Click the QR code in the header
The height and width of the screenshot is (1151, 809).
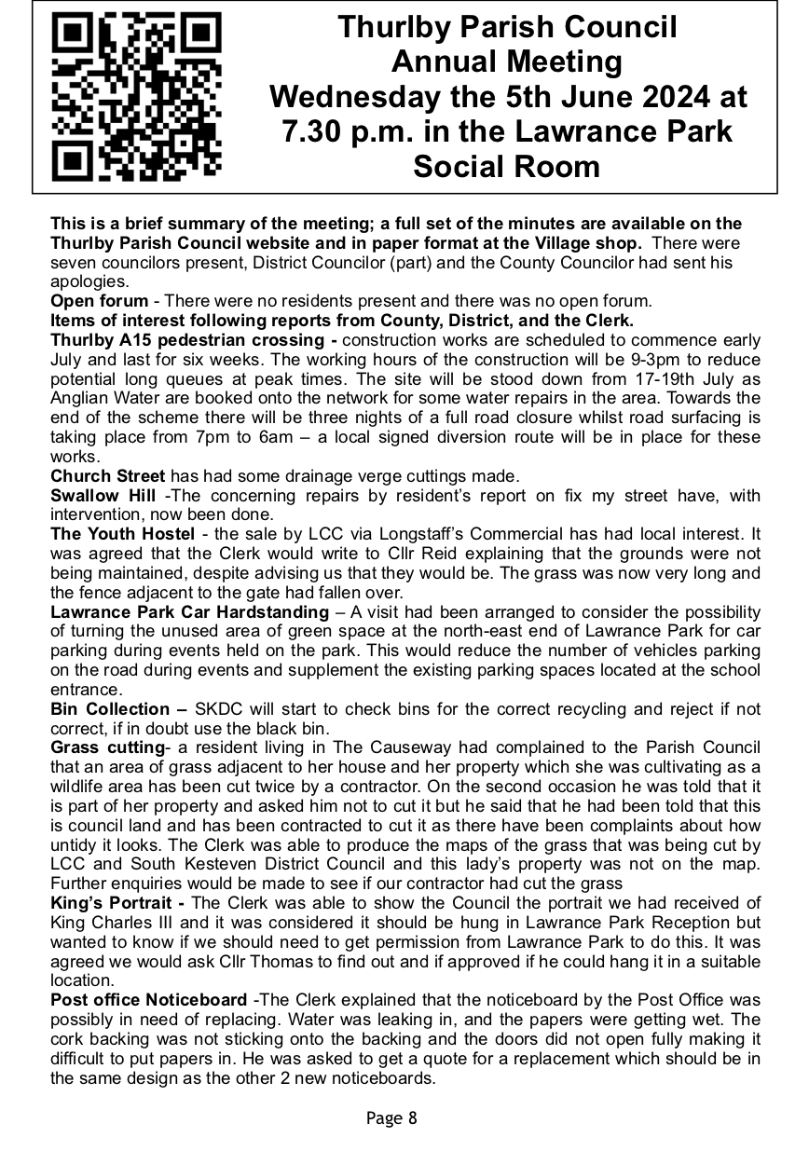click(x=131, y=98)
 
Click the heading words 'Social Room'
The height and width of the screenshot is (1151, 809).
click(x=507, y=167)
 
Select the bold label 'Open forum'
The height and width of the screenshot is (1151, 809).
click(x=99, y=300)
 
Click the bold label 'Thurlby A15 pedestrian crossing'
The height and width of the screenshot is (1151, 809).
click(x=194, y=339)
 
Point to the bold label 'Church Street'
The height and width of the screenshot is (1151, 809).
click(x=108, y=476)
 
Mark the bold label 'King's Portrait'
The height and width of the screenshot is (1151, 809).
click(x=111, y=903)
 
